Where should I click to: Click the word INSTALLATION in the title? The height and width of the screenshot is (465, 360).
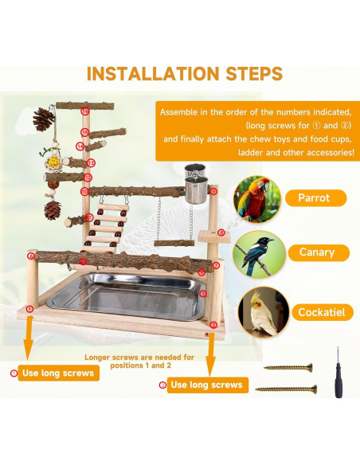click(x=153, y=73)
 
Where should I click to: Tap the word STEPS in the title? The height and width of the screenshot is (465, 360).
click(x=254, y=73)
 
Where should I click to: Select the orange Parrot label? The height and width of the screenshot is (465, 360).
click(x=316, y=197)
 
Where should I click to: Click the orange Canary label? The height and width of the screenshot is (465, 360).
click(x=319, y=252)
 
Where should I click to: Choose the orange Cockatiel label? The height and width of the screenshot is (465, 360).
click(x=323, y=312)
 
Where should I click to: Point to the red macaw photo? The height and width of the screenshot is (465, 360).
click(x=256, y=199)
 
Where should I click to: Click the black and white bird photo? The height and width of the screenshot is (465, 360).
click(x=259, y=255)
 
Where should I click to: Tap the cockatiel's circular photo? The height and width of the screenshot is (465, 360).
click(x=264, y=312)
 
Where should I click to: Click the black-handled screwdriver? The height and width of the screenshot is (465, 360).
click(x=338, y=373)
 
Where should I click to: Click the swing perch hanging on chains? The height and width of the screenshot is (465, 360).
click(x=174, y=243)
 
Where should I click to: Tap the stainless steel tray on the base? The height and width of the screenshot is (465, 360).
click(x=127, y=296)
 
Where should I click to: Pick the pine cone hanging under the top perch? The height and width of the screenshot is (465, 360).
click(x=44, y=119)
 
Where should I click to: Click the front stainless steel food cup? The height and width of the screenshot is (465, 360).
click(x=196, y=190)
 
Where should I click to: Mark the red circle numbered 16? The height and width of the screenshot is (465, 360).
click(x=85, y=111)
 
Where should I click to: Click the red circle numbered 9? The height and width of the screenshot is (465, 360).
click(x=213, y=191)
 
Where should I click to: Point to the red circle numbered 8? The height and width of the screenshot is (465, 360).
click(x=221, y=232)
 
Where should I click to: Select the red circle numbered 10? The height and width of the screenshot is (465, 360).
click(x=84, y=191)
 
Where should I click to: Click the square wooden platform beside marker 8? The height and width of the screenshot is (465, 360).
click(x=210, y=236)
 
